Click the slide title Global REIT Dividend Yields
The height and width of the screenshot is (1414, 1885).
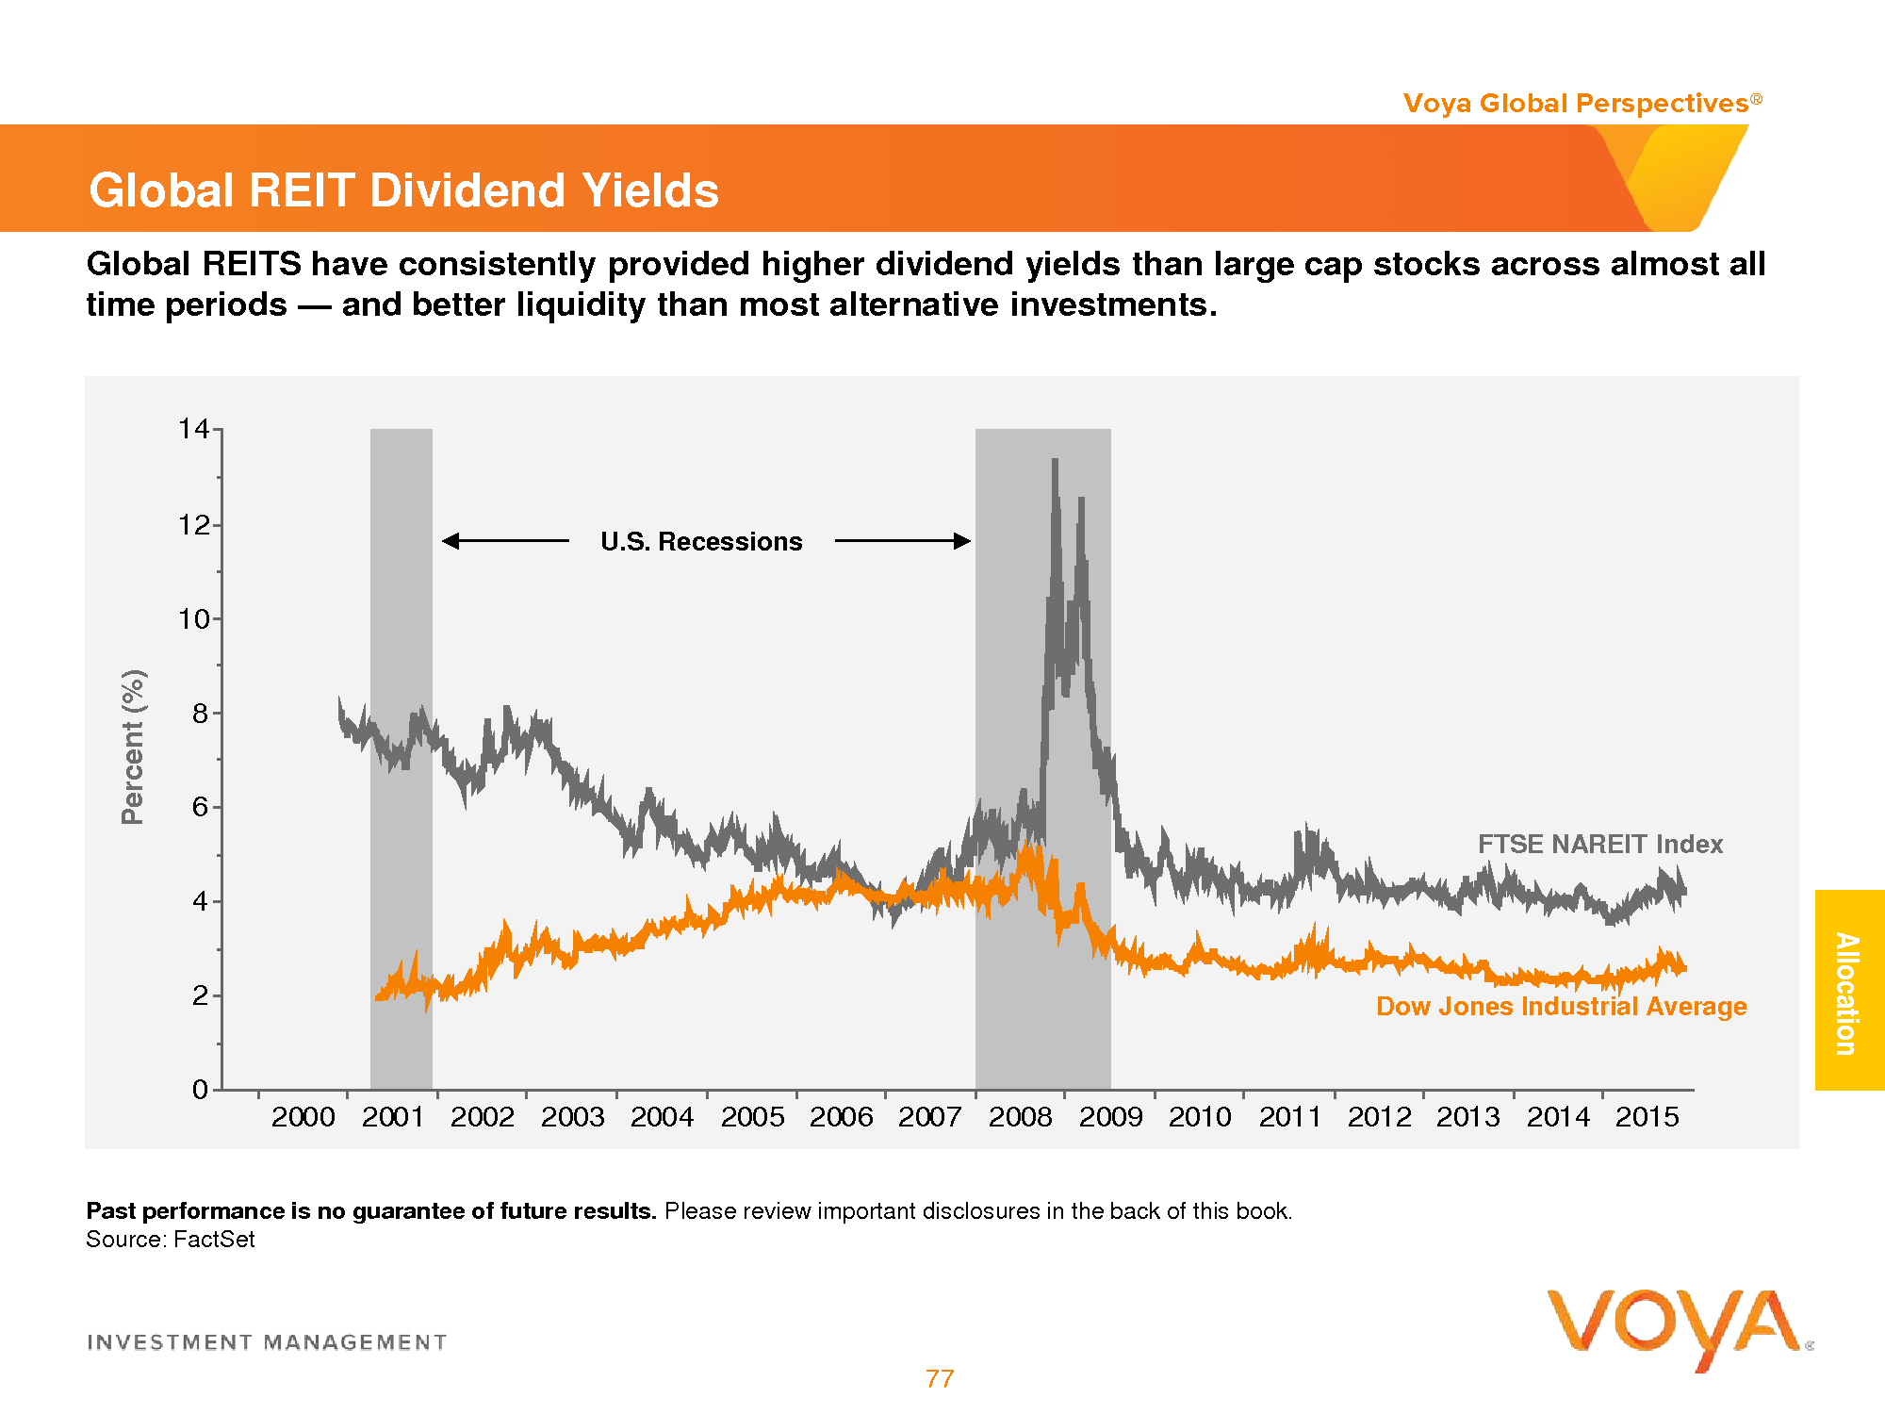point(403,190)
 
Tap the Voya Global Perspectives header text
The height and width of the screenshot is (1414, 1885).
point(1576,103)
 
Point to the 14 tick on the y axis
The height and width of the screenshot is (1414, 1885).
point(194,429)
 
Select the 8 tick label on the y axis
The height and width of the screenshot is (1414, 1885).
point(200,714)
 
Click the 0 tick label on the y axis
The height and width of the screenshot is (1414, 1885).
point(200,1090)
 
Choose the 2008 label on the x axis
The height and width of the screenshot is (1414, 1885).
point(1020,1117)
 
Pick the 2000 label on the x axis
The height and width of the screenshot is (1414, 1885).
point(303,1117)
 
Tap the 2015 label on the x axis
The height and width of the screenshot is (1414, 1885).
point(1647,1117)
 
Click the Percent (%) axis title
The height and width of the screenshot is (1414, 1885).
point(133,747)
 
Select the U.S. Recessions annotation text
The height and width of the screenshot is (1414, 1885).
point(701,541)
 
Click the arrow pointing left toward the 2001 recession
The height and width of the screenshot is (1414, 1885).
point(505,541)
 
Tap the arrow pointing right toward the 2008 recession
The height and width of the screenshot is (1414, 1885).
point(903,541)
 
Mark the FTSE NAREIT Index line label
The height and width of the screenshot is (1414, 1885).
point(1599,844)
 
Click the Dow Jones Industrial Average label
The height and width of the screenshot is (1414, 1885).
point(1561,1007)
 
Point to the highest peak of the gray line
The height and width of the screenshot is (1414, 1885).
point(1055,461)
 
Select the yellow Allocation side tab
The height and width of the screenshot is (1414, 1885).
point(1848,991)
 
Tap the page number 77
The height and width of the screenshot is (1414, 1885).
point(940,1379)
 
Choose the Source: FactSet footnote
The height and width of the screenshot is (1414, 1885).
point(171,1240)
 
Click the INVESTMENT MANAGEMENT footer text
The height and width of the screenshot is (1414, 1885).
point(267,1342)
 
